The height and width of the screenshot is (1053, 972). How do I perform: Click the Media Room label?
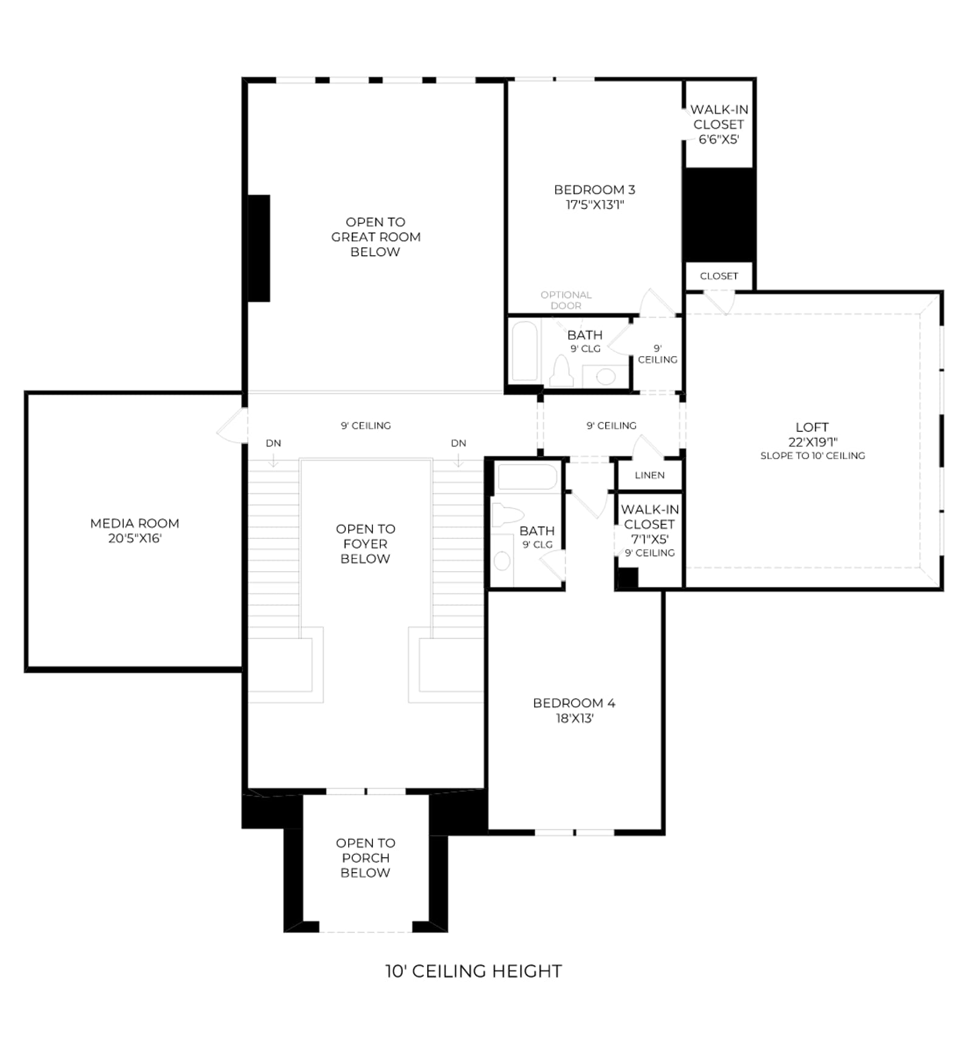tap(134, 523)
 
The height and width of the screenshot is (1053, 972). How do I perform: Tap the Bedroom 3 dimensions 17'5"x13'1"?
tap(595, 205)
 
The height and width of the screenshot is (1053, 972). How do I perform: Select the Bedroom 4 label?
tap(574, 703)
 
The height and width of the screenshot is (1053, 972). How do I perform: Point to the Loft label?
tap(812, 427)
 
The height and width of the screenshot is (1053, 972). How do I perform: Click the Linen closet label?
tap(649, 475)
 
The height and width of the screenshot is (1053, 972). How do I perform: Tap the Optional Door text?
tap(566, 300)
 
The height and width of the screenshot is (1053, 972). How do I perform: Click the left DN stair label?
tap(273, 443)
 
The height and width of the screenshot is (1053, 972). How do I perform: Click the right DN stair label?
tap(459, 443)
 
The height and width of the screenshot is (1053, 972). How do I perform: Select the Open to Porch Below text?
tap(365, 857)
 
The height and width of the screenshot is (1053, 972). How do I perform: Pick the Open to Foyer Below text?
tap(365, 544)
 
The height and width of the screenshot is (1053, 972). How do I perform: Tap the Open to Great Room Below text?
tap(375, 237)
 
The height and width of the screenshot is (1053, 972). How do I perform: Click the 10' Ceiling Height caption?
tap(473, 971)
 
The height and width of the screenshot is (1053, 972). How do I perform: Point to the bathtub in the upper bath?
tap(525, 352)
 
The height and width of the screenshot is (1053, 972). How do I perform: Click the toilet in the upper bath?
tap(561, 372)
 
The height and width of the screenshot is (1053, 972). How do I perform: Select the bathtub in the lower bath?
tap(527, 478)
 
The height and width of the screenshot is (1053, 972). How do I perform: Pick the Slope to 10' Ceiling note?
tap(813, 456)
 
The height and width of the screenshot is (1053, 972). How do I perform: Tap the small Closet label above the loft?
tap(719, 276)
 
